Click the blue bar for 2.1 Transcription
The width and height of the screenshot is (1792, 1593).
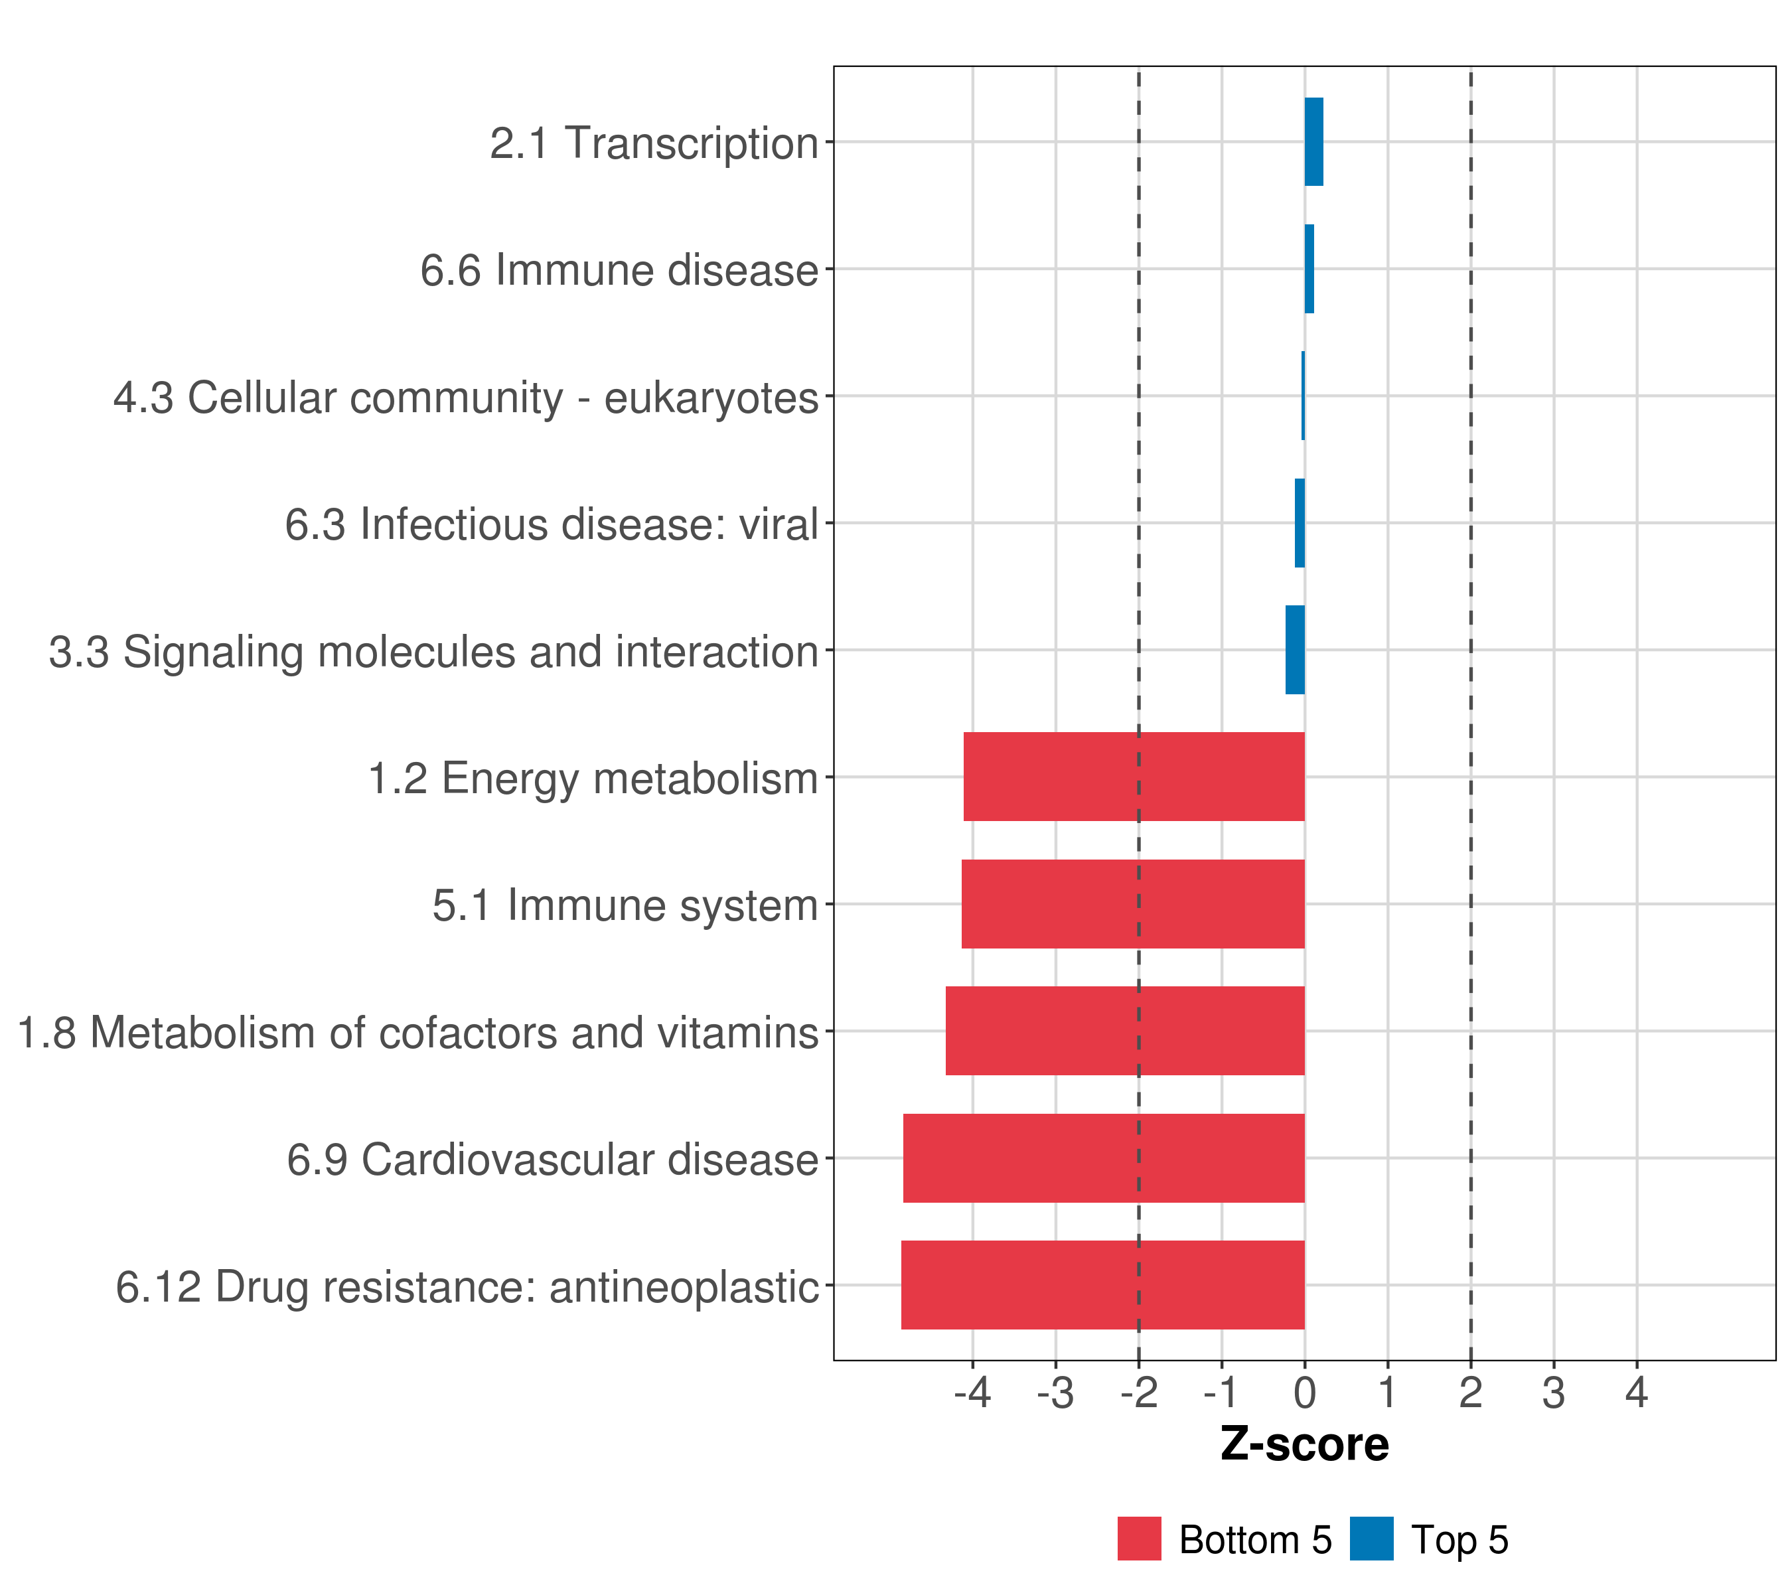point(1313,141)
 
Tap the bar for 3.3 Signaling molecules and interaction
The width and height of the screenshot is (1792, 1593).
point(1295,650)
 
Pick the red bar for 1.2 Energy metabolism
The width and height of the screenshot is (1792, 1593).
point(1134,777)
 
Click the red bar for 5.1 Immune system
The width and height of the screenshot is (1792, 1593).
point(1133,904)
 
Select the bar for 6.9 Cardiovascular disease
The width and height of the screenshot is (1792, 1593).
point(1104,1158)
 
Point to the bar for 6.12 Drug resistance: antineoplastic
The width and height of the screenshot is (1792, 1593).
point(1103,1285)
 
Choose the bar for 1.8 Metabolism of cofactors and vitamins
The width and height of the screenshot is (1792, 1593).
point(1125,1031)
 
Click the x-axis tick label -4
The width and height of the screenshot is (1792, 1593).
point(972,1393)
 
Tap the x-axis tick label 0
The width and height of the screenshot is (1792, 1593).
point(1305,1393)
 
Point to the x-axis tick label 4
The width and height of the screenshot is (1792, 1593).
point(1637,1393)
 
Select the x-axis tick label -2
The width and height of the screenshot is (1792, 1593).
point(1138,1393)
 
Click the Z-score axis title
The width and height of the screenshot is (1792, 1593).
point(1305,1445)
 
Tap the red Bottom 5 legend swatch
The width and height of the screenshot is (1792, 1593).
point(1139,1539)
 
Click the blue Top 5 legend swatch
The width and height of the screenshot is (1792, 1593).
point(1371,1539)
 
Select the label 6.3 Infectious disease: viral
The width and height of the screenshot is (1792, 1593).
point(552,524)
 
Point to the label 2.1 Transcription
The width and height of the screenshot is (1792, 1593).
point(654,143)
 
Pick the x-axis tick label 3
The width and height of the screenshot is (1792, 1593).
point(1554,1393)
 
